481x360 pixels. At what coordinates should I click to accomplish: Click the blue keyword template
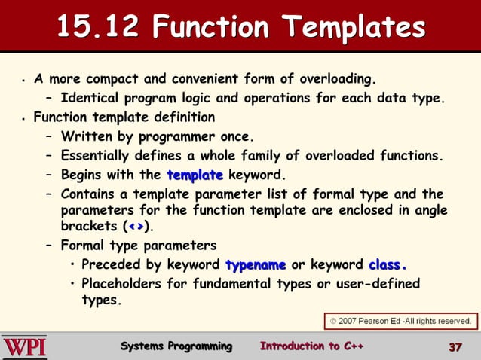click(195, 175)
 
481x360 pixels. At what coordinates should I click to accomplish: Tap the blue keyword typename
click(255, 265)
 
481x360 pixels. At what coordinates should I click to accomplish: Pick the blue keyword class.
click(388, 265)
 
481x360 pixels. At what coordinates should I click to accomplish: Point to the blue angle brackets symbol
click(136, 227)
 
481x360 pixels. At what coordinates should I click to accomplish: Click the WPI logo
click(25, 347)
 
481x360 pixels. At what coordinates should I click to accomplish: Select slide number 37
click(454, 347)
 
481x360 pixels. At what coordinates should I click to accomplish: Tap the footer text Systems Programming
click(176, 346)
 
